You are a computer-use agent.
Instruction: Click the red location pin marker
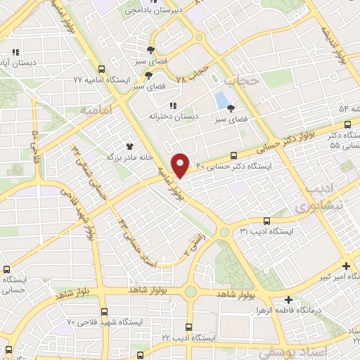pyautogui.click(x=181, y=165)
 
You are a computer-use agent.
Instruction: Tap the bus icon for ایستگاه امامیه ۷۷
pyautogui.click(x=102, y=70)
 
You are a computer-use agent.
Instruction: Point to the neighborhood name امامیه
pyautogui.click(x=96, y=111)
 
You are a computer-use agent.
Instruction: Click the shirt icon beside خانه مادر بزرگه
pyautogui.click(x=129, y=147)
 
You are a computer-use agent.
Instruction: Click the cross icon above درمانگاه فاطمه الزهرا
pyautogui.click(x=289, y=300)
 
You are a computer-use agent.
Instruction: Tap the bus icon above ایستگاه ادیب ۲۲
pyautogui.click(x=188, y=327)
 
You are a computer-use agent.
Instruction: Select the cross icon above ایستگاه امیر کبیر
pyautogui.click(x=345, y=266)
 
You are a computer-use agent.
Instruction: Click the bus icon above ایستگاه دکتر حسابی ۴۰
pyautogui.click(x=234, y=156)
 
